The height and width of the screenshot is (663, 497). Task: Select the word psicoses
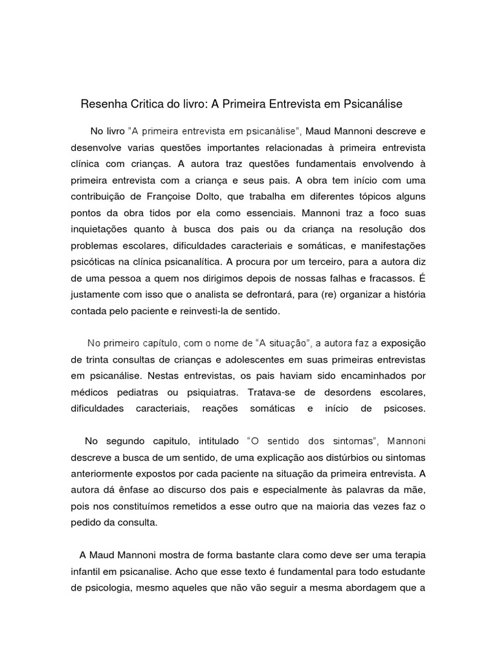(404, 409)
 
